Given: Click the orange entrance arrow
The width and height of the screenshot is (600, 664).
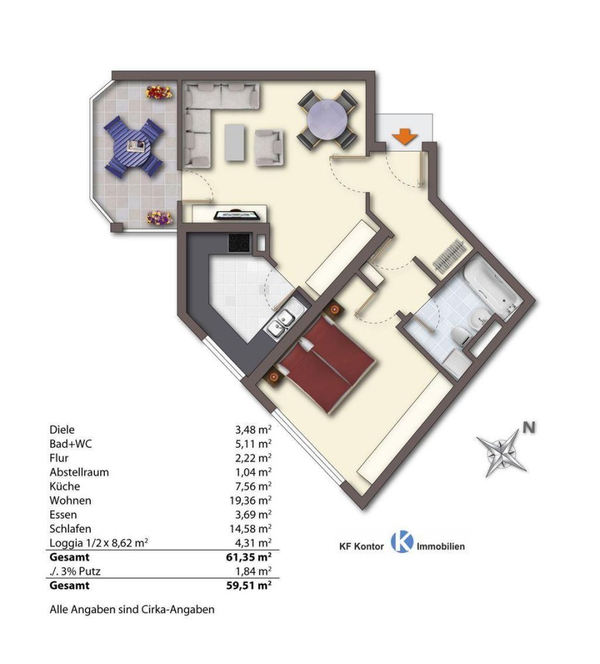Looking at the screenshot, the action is (x=404, y=137).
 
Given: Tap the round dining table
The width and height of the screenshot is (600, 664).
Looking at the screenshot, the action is (x=328, y=120).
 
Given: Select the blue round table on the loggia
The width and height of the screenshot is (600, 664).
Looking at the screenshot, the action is (x=134, y=147).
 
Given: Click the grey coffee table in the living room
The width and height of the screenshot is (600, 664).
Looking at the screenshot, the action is (x=235, y=142).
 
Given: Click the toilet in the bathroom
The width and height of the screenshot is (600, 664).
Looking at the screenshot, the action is (x=460, y=336).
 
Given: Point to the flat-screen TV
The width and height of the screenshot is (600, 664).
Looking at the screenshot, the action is (x=237, y=215).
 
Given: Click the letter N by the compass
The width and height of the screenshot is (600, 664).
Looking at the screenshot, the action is (x=529, y=428).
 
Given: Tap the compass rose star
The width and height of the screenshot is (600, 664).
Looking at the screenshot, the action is (x=502, y=452).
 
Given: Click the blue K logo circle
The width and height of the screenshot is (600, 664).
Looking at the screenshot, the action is (x=402, y=542).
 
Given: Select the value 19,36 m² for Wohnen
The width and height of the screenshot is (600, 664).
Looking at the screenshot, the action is (x=250, y=501).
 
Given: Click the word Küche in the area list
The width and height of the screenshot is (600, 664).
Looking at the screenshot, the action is (x=65, y=486).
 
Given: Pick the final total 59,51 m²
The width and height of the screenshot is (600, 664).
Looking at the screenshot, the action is (x=249, y=585).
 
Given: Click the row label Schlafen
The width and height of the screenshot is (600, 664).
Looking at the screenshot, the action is (x=70, y=529).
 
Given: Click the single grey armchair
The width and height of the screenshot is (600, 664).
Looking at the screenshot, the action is (x=268, y=147).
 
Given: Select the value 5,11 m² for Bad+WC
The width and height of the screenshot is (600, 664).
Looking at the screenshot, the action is (x=254, y=444).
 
